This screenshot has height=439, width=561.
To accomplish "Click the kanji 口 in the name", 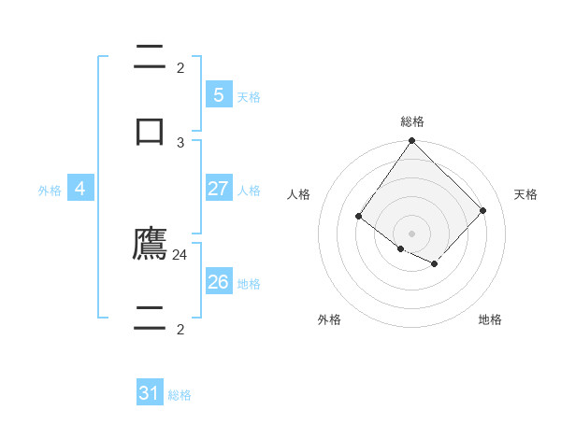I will coord(150,130).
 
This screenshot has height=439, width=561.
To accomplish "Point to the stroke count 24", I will coord(180,254).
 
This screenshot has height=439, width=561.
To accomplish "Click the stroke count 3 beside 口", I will coord(180,142).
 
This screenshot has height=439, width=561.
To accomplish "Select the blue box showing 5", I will coord(218,95).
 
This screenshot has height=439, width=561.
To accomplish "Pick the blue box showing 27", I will coord(218,189).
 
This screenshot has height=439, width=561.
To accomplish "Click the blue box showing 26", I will coord(218,282).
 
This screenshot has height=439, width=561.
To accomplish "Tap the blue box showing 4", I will coord(80,189).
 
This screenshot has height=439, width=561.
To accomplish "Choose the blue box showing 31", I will coord(150,393).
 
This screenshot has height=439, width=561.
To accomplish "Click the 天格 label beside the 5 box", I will coord(249,97).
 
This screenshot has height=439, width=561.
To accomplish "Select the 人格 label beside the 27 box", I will coord(249,191).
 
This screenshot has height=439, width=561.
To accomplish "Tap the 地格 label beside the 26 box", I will coord(249,284).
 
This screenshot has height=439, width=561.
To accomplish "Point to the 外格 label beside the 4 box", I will coord(50,191).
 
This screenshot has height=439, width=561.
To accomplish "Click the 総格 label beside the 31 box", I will coord(180,395).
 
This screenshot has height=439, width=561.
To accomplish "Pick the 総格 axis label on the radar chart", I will coord(412,121).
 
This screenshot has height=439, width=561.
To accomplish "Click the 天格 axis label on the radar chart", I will coord(525,194).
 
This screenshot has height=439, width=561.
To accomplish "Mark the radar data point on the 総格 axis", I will coord(412,141).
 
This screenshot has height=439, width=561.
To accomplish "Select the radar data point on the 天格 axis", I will coord(483,210).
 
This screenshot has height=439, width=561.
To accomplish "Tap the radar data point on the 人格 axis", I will coord(359,217).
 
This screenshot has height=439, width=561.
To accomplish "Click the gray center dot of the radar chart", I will coord(412,234).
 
